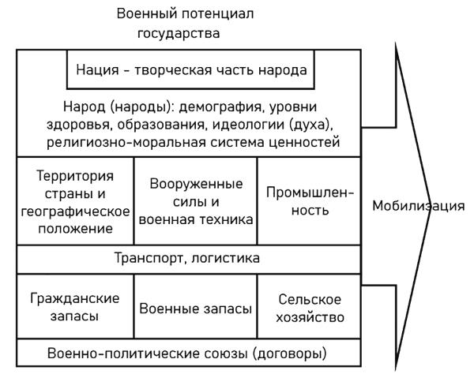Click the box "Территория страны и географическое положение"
pyautogui.click(x=75, y=201)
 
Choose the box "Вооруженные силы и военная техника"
pyautogui.click(x=196, y=201)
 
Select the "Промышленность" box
pyautogui.click(x=310, y=201)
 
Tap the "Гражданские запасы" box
pyautogui.click(x=75, y=308)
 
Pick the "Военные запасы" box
pyautogui.click(x=196, y=308)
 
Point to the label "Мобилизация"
pyautogui.click(x=418, y=208)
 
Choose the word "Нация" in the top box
pyautogui.click(x=96, y=69)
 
